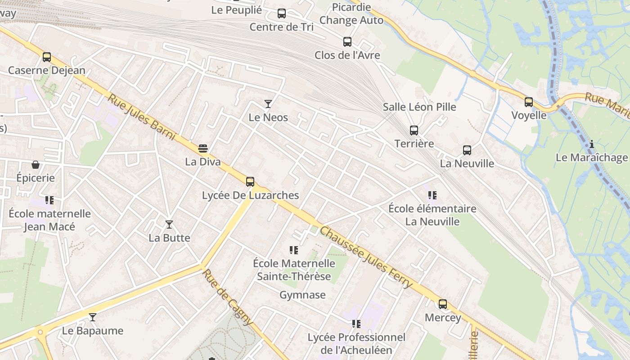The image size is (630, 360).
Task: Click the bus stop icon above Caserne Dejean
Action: [x=47, y=57]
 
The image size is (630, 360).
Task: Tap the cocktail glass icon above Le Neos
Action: [x=268, y=104]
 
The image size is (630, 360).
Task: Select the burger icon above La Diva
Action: [x=203, y=148]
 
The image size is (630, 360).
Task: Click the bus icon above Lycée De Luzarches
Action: [x=250, y=182]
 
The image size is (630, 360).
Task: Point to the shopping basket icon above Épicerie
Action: [x=36, y=165]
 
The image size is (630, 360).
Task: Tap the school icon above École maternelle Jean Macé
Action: [x=49, y=200]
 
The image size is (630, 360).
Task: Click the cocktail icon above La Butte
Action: [x=169, y=225]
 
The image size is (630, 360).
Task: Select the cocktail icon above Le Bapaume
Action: [x=92, y=317]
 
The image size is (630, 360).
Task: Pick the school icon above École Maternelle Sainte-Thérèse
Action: [x=294, y=250]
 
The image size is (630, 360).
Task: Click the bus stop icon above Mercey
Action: [x=443, y=304]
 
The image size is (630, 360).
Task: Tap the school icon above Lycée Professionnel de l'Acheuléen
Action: [x=356, y=324]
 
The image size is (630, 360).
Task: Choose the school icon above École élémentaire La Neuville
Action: [x=432, y=195]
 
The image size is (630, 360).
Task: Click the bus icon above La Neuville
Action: [x=467, y=150]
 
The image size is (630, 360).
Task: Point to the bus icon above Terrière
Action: [x=414, y=130]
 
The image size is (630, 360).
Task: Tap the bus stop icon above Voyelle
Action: [x=529, y=102]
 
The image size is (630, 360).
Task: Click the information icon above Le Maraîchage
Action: [x=592, y=144]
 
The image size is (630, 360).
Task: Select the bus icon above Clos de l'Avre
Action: [x=347, y=42]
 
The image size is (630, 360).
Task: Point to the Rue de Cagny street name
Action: [x=228, y=297]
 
